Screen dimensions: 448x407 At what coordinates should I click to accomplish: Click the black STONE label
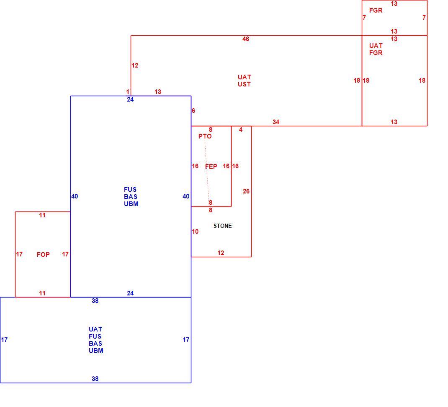pyautogui.click(x=223, y=226)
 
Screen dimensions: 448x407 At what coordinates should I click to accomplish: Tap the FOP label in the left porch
pyautogui.click(x=43, y=254)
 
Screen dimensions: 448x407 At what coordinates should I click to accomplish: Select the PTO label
pyautogui.click(x=205, y=136)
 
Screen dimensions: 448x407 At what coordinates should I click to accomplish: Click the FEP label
pyautogui.click(x=211, y=167)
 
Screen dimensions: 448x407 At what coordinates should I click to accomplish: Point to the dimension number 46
pyautogui.click(x=246, y=39)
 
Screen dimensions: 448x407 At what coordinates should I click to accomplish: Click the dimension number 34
pyautogui.click(x=276, y=122)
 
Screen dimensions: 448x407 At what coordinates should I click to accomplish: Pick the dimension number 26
pyautogui.click(x=246, y=191)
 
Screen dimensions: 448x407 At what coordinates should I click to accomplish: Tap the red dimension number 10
pyautogui.click(x=195, y=232)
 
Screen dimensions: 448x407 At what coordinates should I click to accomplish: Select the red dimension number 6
pyautogui.click(x=193, y=110)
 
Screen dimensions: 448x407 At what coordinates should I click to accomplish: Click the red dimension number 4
pyautogui.click(x=241, y=130)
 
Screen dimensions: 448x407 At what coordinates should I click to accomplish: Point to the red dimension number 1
pyautogui.click(x=128, y=92)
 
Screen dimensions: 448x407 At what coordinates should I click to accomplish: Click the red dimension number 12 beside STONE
pyautogui.click(x=221, y=253)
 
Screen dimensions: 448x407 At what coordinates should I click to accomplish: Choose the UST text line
pyautogui.click(x=244, y=84)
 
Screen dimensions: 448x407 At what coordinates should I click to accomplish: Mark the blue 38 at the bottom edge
pyautogui.click(x=95, y=378)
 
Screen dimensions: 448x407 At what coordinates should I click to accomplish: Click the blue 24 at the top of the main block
pyautogui.click(x=130, y=99)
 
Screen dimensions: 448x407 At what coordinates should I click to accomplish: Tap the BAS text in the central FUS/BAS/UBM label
pyautogui.click(x=131, y=196)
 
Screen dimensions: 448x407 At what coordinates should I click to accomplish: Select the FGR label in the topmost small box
pyautogui.click(x=376, y=10)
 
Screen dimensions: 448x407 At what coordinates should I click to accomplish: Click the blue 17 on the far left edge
pyautogui.click(x=4, y=340)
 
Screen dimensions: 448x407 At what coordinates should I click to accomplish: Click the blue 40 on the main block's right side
pyautogui.click(x=186, y=196)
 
